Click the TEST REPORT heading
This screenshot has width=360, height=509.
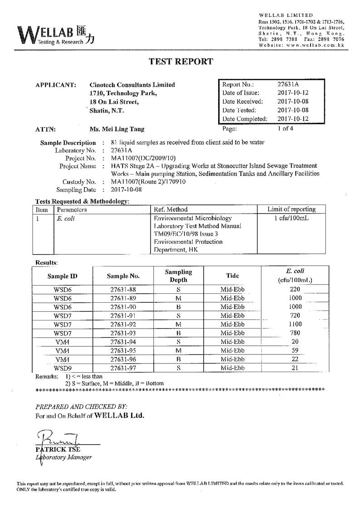pyautogui.click(x=180, y=62)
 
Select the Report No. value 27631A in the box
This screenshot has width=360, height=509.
pyautogui.click(x=288, y=84)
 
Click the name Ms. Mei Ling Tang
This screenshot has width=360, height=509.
pyautogui.click(x=117, y=129)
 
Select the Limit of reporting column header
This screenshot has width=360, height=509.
pyautogui.click(x=291, y=209)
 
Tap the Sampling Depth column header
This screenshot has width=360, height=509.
pyautogui.click(x=178, y=276)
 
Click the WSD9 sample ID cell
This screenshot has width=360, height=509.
pyautogui.click(x=63, y=368)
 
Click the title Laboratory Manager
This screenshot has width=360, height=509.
pyautogui.click(x=64, y=457)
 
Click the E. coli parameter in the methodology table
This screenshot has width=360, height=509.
pyautogui.click(x=63, y=218)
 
